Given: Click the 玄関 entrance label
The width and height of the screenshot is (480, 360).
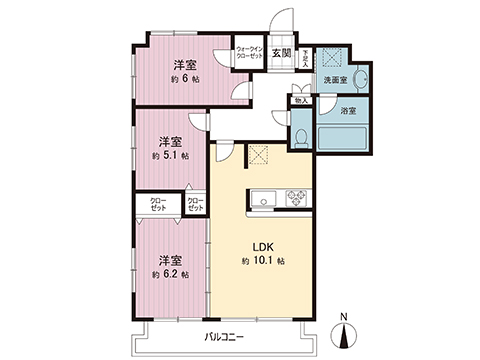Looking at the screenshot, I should (281, 53).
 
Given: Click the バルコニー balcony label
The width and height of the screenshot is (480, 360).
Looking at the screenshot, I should (223, 336).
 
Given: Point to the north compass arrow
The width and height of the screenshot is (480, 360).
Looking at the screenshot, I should (344, 332).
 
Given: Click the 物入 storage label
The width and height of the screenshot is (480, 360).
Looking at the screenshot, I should (300, 99).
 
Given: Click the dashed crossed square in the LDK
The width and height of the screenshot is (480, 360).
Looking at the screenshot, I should (259, 156).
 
